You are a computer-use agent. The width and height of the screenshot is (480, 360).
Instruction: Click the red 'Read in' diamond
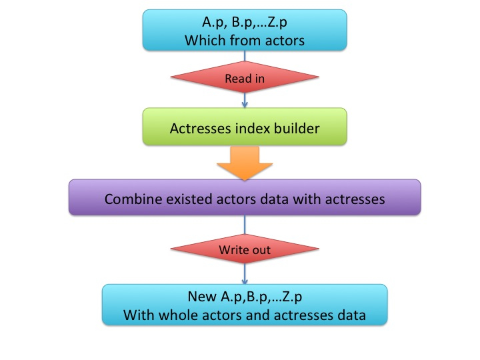coord(245,77)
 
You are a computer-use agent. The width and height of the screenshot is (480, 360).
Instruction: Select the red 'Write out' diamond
coord(245,249)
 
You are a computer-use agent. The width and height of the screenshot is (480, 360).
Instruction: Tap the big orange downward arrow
coord(245,163)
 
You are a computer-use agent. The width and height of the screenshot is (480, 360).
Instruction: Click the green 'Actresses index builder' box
coord(245,127)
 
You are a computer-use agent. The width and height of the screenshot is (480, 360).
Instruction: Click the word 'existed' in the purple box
coord(189,199)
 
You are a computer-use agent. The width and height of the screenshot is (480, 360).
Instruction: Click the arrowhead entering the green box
coord(245,105)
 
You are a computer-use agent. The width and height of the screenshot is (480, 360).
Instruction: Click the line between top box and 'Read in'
coord(245,56)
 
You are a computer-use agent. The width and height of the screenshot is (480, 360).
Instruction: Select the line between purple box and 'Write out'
coord(245,225)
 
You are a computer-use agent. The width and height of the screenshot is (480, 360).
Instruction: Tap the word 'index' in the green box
coord(253,128)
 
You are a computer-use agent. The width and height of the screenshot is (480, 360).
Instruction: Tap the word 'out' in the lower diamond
coord(261,250)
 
